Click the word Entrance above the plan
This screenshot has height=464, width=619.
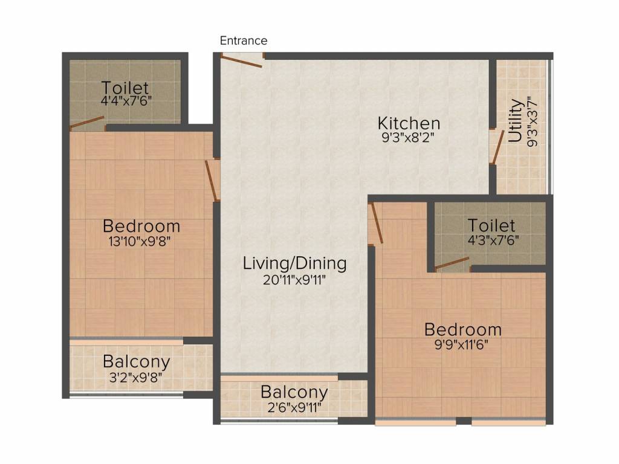(x=244, y=40)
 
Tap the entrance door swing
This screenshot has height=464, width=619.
(x=241, y=62)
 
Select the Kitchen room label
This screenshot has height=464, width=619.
(x=409, y=123)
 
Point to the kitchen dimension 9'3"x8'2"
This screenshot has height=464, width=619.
(x=408, y=138)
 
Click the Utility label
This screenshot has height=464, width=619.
(x=515, y=120)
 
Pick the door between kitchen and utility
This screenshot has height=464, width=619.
(x=497, y=147)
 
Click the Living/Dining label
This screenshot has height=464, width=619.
(x=294, y=263)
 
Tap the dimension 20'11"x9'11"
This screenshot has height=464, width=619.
(x=294, y=280)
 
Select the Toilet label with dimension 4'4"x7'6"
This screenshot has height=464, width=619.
(x=125, y=87)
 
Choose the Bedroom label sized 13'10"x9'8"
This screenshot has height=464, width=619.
(x=141, y=226)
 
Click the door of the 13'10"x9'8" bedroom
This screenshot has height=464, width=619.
(x=212, y=181)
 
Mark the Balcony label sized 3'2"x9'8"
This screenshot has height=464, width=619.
(x=137, y=361)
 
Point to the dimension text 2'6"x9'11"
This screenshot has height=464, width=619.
(x=294, y=407)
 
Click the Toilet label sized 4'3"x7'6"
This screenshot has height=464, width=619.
(x=491, y=225)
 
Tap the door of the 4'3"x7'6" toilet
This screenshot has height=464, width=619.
(x=452, y=263)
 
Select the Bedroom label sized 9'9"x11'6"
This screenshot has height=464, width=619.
(x=462, y=329)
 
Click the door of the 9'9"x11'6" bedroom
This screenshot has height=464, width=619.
(x=376, y=223)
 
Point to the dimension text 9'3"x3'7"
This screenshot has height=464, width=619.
(x=533, y=121)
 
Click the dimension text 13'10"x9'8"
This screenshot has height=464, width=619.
(x=140, y=241)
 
